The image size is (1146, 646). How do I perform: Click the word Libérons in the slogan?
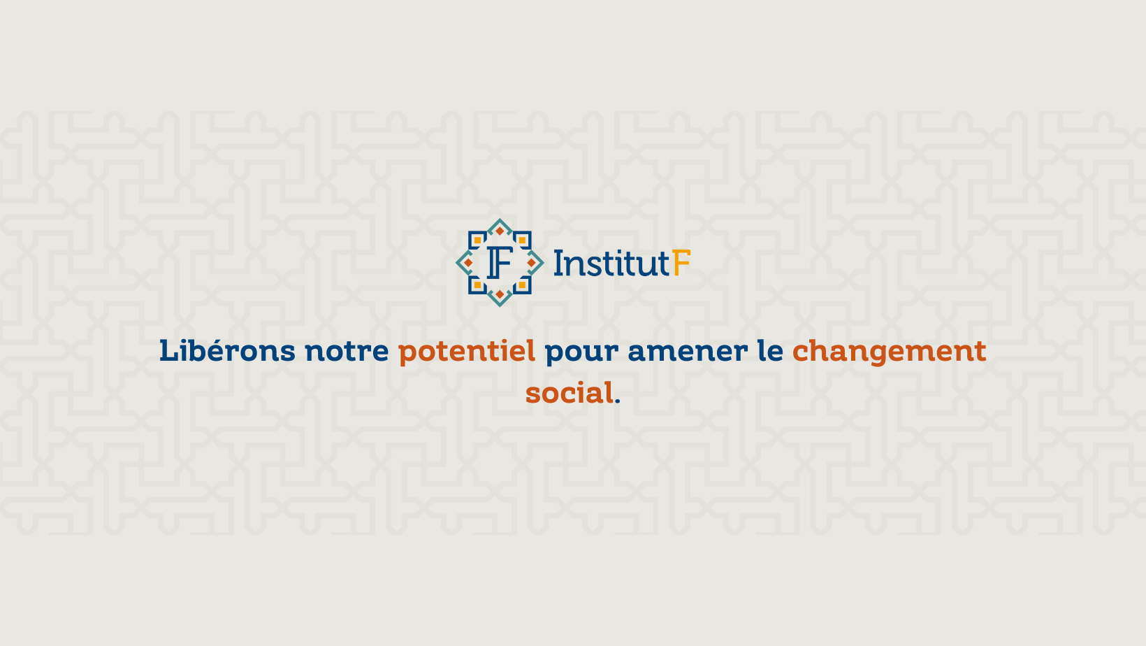click(227, 351)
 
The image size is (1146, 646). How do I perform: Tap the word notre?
click(347, 351)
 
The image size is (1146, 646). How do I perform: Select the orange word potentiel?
click(467, 352)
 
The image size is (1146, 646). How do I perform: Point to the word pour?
click(581, 354)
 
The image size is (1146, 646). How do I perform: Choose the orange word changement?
click(889, 352)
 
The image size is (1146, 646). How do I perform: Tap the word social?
click(570, 393)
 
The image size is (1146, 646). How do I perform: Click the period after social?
click(618, 402)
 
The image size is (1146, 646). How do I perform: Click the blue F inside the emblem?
click(500, 262)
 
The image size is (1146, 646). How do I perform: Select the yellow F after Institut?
click(681, 263)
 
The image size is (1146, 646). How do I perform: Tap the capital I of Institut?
click(558, 263)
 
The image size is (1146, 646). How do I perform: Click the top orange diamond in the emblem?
click(500, 231)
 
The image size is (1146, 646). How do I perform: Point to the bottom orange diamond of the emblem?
click(500, 294)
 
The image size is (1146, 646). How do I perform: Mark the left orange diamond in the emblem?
click(468, 263)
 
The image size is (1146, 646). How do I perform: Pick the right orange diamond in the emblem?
click(532, 263)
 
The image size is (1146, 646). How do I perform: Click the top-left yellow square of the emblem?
click(477, 240)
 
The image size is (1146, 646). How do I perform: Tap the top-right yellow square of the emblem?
click(523, 240)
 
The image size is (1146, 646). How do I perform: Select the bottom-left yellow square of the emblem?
click(477, 285)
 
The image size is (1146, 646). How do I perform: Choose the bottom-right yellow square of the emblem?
click(523, 285)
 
